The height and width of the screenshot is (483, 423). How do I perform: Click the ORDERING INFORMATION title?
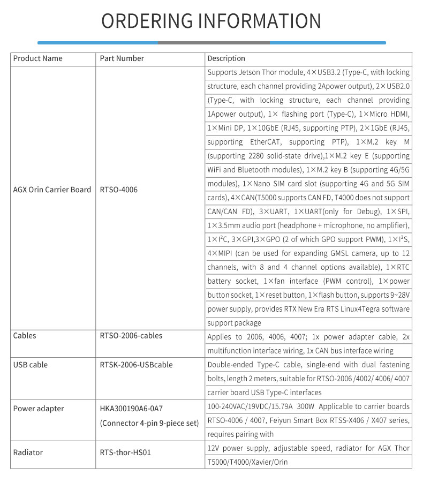click(211, 21)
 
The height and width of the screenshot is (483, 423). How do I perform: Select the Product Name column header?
click(37, 58)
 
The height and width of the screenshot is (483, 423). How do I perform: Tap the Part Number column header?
click(122, 58)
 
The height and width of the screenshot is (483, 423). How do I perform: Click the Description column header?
click(226, 58)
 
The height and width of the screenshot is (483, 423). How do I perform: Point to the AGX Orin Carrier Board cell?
click(52, 190)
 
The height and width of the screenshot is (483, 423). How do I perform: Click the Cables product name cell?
click(25, 336)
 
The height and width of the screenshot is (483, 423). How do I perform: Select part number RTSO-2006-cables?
click(131, 336)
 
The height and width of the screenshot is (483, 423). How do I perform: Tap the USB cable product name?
click(30, 365)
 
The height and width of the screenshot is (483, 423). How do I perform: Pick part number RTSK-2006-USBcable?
click(136, 365)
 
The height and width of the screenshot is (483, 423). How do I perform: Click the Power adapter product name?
click(38, 409)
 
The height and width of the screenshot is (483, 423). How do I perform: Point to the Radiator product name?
click(28, 452)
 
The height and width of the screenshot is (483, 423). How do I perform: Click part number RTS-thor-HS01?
click(125, 452)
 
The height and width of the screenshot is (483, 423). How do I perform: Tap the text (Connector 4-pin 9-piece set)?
click(149, 423)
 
